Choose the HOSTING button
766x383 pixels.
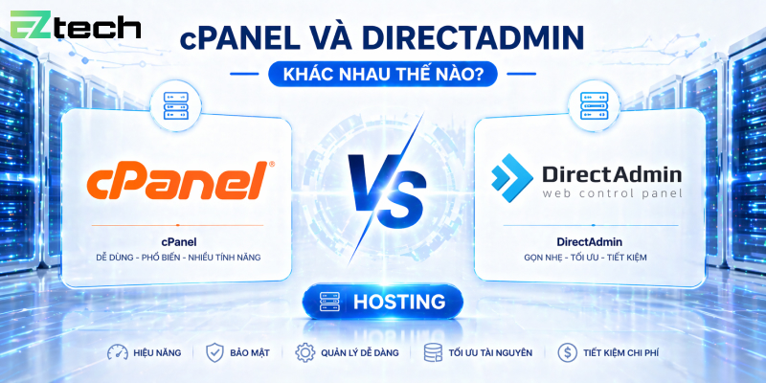point(383,302)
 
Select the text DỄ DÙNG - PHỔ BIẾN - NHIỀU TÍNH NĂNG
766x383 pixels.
point(179,258)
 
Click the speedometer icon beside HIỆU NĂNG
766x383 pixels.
point(118,352)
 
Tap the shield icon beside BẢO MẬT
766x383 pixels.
point(214,352)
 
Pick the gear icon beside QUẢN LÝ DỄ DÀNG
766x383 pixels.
point(305,352)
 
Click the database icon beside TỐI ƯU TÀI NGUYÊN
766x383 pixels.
point(432,352)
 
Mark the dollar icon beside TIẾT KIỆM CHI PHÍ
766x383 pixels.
point(567,352)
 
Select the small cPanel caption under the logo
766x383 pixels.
point(179,242)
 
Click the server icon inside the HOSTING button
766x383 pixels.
point(330,302)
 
